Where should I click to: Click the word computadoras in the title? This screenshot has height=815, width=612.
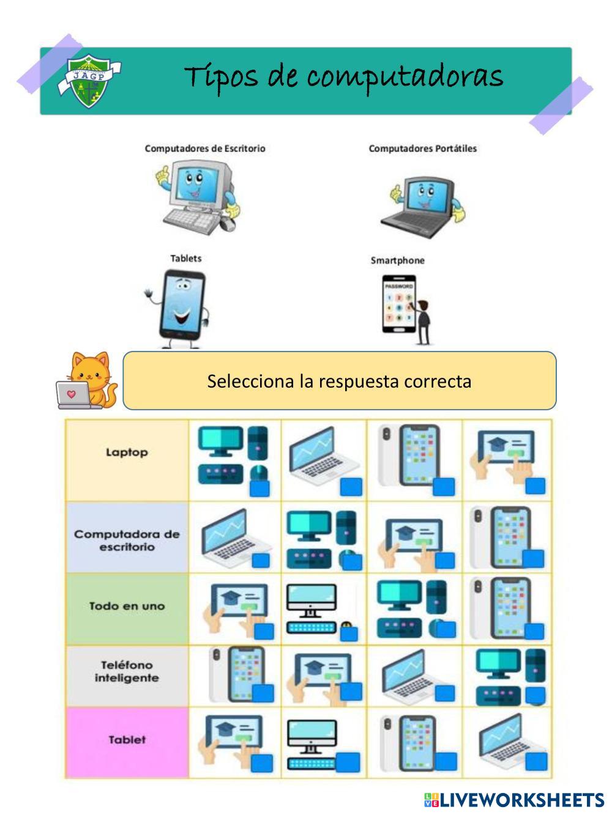pyautogui.click(x=405, y=78)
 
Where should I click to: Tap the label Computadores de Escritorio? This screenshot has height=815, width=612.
pyautogui.click(x=205, y=148)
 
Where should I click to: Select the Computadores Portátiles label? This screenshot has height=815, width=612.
pyautogui.click(x=422, y=148)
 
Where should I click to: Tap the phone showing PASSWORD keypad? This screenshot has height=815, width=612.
pyautogui.click(x=398, y=304)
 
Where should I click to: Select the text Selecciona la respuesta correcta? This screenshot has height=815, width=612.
pyautogui.click(x=339, y=381)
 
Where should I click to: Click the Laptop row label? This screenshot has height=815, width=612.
pyautogui.click(x=127, y=452)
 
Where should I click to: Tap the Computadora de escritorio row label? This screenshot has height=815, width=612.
pyautogui.click(x=127, y=540)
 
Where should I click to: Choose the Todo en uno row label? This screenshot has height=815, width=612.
pyautogui.click(x=127, y=606)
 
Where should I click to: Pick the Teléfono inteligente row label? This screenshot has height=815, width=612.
pyautogui.click(x=127, y=671)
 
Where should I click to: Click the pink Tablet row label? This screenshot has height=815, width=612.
pyautogui.click(x=127, y=739)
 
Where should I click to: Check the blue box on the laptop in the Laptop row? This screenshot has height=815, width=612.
pyautogui.click(x=351, y=487)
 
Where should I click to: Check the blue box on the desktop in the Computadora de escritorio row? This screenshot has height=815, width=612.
pyautogui.click(x=352, y=561)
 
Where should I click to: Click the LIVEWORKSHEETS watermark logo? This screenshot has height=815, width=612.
pyautogui.click(x=513, y=800)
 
